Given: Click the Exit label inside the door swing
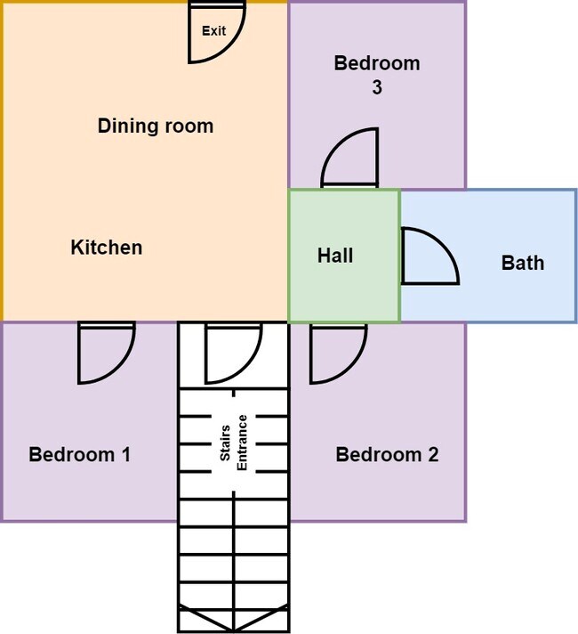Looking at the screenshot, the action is (x=213, y=31).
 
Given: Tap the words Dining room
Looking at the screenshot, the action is (x=156, y=126).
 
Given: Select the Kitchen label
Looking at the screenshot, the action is (x=107, y=247).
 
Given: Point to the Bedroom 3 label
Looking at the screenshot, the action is (x=377, y=75).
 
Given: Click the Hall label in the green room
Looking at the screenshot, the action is (x=335, y=256).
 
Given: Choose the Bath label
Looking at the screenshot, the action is (x=523, y=263).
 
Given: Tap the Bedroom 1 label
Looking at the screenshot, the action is (x=79, y=454).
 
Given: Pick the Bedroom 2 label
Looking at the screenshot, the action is (x=387, y=454).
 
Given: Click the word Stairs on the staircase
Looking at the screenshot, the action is (x=225, y=443).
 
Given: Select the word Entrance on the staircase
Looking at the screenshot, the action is (x=242, y=443).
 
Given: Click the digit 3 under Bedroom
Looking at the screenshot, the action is (x=377, y=87).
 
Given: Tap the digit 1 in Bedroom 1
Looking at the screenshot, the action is (x=126, y=454).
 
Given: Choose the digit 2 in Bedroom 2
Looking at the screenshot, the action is (x=433, y=454).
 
